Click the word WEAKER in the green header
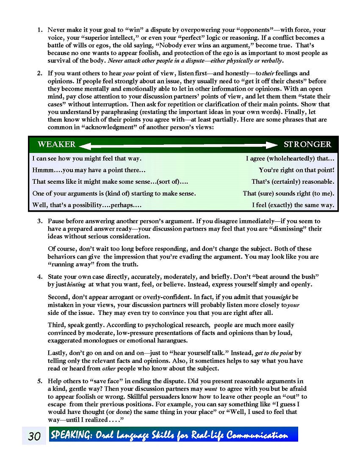[56, 144]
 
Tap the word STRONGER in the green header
[307, 144]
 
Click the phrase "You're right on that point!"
[296, 170]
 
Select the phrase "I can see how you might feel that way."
[87, 159]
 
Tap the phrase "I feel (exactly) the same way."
[293, 205]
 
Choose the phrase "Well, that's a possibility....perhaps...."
[87, 205]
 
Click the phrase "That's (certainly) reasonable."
[293, 182]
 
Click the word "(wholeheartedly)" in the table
[288, 159]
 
